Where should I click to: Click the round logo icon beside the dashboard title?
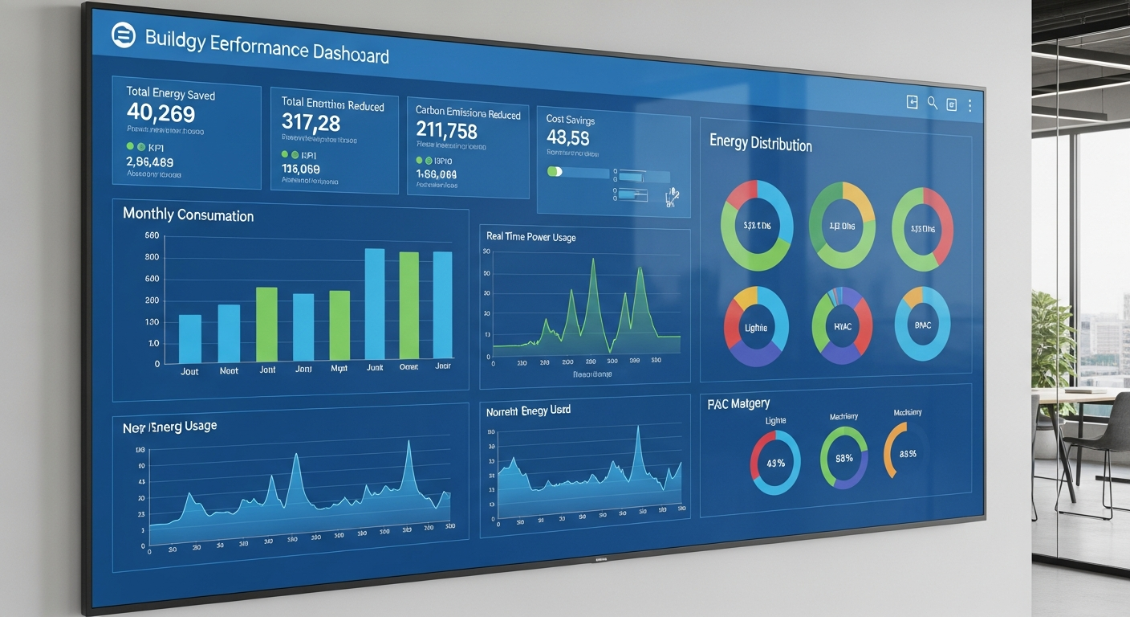(124, 35)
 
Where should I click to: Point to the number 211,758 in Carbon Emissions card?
(446, 130)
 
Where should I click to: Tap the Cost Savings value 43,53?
(567, 137)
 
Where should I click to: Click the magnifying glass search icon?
(932, 102)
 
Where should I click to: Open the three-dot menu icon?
(969, 105)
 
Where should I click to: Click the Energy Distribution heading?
(760, 144)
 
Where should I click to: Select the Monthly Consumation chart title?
(188, 215)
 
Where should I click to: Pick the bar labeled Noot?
(229, 333)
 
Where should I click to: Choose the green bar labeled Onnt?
(409, 304)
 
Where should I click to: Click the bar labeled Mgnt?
(339, 325)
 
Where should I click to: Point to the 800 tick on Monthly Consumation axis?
(152, 257)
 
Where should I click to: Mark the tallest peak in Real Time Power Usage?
(592, 259)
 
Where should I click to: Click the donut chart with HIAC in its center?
(842, 326)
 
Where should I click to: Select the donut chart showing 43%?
(775, 462)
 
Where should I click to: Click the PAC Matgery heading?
(738, 403)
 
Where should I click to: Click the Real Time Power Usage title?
(530, 237)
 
